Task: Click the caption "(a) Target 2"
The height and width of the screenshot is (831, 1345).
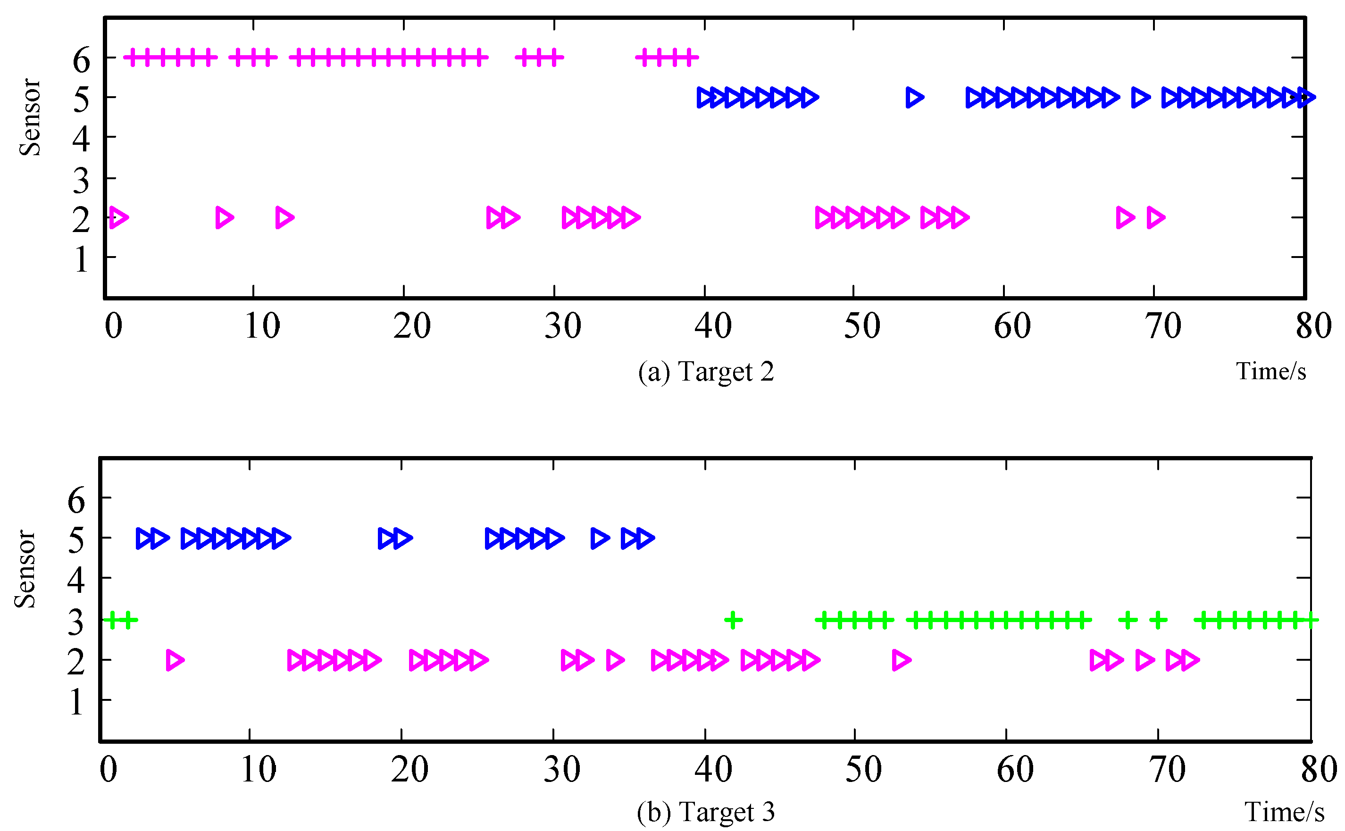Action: (x=706, y=372)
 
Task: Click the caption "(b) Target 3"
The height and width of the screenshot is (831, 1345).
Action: (x=706, y=812)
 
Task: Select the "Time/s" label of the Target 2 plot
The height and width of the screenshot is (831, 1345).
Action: (x=1271, y=372)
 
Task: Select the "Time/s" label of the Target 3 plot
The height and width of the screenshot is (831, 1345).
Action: (x=1284, y=812)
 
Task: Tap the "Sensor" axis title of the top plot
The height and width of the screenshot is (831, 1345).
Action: (x=30, y=117)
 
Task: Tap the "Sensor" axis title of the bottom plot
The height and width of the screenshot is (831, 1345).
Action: (x=25, y=569)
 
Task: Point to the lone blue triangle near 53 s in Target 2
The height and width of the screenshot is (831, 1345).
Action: (x=914, y=97)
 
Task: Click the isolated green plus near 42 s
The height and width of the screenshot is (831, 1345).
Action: (x=733, y=621)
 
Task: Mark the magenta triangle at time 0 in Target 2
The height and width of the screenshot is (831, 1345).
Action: (x=118, y=217)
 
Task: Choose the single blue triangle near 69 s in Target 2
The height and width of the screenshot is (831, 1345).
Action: (x=1141, y=97)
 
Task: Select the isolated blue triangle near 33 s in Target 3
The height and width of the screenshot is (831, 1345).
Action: (x=600, y=538)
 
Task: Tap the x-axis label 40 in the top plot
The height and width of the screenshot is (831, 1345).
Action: (x=712, y=326)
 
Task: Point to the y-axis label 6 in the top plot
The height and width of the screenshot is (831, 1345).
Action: (x=81, y=60)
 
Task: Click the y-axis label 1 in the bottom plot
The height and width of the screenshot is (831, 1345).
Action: (x=76, y=702)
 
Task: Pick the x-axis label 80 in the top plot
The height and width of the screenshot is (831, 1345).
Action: (x=1313, y=326)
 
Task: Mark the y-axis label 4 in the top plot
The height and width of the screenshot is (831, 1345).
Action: (x=81, y=139)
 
